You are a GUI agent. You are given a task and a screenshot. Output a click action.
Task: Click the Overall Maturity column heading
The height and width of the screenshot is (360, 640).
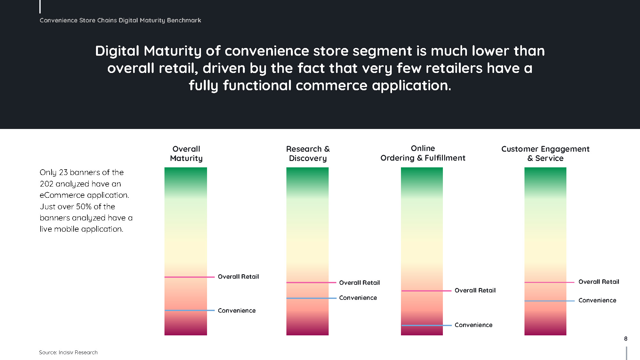click(186, 154)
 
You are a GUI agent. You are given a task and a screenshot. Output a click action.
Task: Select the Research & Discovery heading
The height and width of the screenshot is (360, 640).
click(308, 154)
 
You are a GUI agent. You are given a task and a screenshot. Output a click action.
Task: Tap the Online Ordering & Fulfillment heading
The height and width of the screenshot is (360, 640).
click(423, 153)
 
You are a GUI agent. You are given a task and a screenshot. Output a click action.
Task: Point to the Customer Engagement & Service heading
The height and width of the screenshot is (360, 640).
click(545, 154)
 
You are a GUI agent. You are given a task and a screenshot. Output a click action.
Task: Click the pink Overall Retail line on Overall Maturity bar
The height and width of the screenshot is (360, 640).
click(189, 277)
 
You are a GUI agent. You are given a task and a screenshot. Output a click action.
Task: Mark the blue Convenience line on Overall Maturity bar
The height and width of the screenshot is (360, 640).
click(189, 310)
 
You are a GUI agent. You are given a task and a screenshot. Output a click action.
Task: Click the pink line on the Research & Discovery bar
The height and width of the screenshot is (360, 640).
click(311, 283)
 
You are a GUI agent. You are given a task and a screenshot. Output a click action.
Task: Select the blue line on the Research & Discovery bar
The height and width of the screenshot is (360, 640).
click(311, 298)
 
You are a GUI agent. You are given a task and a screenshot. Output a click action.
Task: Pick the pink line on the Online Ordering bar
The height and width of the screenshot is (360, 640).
click(426, 291)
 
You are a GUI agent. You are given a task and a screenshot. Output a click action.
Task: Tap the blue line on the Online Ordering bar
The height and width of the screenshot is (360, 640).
click(426, 325)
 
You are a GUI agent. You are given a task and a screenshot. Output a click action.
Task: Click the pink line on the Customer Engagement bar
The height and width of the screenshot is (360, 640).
click(549, 282)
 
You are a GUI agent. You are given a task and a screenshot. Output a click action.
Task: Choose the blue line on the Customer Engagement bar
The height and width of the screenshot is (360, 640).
click(549, 301)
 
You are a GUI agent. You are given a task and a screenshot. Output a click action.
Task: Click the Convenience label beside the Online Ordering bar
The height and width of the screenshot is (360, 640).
click(474, 325)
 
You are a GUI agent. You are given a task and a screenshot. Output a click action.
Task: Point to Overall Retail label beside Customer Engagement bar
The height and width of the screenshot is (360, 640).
click(599, 282)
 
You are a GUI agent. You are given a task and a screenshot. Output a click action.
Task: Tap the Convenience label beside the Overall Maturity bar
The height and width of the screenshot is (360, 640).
click(237, 310)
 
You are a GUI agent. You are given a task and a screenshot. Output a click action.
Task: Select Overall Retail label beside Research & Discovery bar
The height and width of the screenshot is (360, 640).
click(359, 283)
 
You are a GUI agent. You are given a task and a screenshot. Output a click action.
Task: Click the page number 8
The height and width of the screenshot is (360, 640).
click(626, 339)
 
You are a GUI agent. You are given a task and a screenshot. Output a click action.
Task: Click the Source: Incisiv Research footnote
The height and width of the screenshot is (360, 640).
click(68, 352)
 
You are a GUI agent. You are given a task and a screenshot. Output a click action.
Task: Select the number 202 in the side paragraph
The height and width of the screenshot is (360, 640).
click(46, 184)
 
